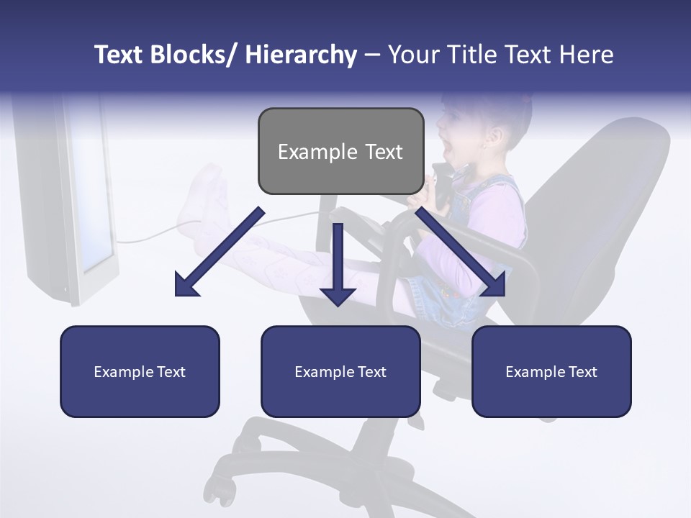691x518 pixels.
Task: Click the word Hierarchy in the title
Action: click(301, 55)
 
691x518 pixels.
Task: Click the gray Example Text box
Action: click(340, 151)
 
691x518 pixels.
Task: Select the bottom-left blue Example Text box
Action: click(140, 371)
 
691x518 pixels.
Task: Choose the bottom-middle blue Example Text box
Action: click(340, 371)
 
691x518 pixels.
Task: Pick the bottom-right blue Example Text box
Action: click(551, 371)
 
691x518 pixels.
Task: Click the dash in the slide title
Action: click(371, 55)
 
